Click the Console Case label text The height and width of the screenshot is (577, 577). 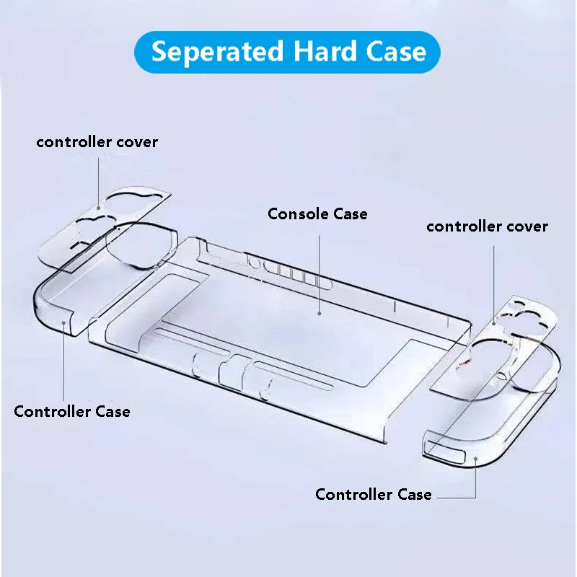(x=317, y=213)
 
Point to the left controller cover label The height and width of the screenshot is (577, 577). (x=97, y=141)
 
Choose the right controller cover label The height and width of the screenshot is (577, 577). (x=487, y=226)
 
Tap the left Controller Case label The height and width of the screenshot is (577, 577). (x=72, y=412)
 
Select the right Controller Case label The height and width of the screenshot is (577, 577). (x=374, y=494)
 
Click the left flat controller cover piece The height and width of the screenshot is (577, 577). (x=101, y=224)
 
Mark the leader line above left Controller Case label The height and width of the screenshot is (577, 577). (x=64, y=361)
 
